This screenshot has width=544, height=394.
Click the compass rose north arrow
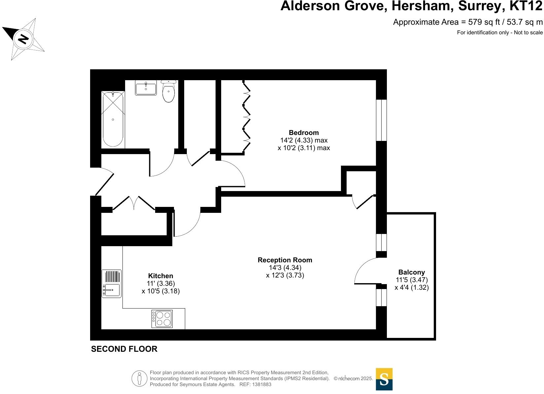[x=23, y=39]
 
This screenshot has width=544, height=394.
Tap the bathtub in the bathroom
[x=113, y=119]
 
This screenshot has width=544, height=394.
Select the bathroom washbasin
[x=146, y=88]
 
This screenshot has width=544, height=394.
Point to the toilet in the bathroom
[x=169, y=92]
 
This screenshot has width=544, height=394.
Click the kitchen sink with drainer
[x=111, y=284]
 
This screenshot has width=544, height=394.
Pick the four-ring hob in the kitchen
[x=162, y=319]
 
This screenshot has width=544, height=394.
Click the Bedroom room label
[x=304, y=133]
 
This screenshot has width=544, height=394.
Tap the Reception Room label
[x=285, y=260]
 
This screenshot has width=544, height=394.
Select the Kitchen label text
[x=160, y=276]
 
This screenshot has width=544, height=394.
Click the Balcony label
[x=411, y=272]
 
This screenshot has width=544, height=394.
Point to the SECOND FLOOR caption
[x=124, y=349]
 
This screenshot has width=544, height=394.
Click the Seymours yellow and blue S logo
[x=384, y=379]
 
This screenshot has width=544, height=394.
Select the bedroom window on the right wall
[x=381, y=120]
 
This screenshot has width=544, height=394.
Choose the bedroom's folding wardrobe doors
[x=246, y=117]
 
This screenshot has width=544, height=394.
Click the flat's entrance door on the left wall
[x=104, y=182]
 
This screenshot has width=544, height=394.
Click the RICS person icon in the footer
[x=139, y=378]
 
